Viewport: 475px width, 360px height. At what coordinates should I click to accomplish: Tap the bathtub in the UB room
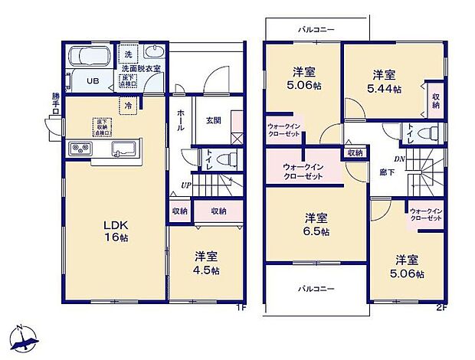tap(89, 57)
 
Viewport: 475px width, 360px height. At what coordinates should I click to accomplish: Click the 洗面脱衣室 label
tap(141, 69)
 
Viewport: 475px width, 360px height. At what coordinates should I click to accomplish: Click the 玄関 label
tap(214, 120)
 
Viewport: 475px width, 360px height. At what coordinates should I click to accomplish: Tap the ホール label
tap(180, 121)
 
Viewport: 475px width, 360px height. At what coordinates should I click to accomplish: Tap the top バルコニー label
tap(316, 29)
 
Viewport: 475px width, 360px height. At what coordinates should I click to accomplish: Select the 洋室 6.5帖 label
tap(314, 224)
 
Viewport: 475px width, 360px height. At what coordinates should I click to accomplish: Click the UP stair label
tap(186, 185)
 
